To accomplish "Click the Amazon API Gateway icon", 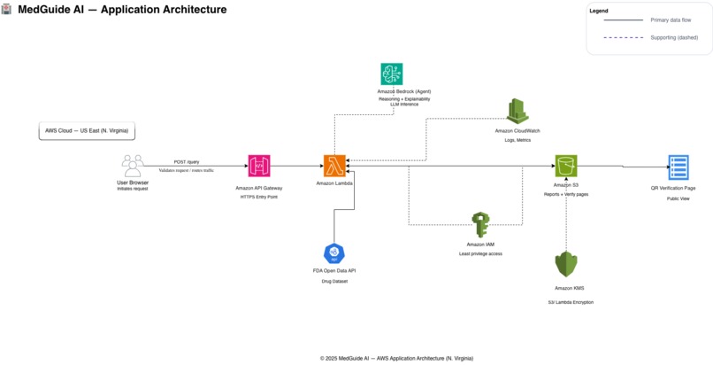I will click(x=259, y=166).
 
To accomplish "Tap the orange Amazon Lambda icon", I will click(x=334, y=166).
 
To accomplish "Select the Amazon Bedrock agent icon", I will click(x=392, y=74).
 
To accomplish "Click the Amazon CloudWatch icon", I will click(x=517, y=111).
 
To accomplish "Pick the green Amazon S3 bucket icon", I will click(x=566, y=166).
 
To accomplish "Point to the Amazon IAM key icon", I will click(x=480, y=225).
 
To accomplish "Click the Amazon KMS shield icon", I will click(x=566, y=265).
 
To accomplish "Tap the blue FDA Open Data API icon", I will click(x=334, y=253).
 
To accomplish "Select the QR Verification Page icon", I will click(x=678, y=167).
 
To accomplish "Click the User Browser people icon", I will click(x=133, y=166).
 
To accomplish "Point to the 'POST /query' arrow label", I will click(x=187, y=162).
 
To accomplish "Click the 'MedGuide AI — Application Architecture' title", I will click(x=122, y=10).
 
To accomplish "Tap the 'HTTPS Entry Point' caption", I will click(x=259, y=197).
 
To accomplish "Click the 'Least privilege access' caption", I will click(x=480, y=253).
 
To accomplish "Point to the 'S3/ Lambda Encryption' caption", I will click(x=571, y=302).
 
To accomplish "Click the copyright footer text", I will click(x=396, y=358).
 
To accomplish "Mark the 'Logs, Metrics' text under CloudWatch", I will click(x=517, y=139).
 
